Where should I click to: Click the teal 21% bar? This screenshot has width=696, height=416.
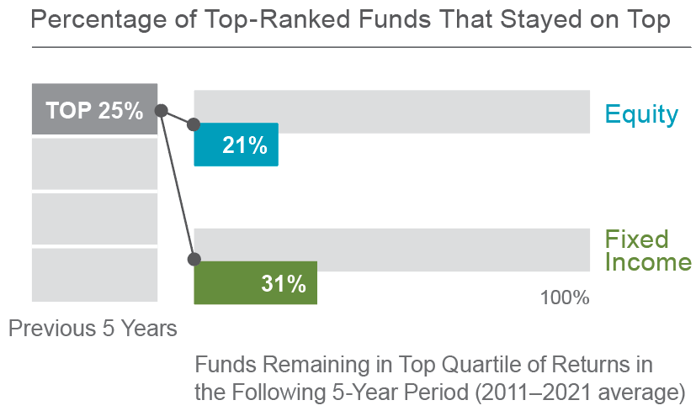click(x=236, y=145)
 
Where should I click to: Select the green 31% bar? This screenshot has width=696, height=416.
click(x=255, y=283)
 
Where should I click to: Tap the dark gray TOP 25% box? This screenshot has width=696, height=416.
click(x=94, y=110)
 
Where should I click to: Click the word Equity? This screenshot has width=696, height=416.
click(x=641, y=113)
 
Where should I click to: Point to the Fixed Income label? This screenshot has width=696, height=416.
click(x=648, y=250)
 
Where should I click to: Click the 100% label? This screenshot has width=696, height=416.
click(x=564, y=298)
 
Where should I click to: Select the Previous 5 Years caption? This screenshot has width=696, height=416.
click(x=93, y=328)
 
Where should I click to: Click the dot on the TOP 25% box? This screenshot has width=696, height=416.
click(x=161, y=109)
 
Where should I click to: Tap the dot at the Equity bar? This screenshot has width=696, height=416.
click(x=194, y=124)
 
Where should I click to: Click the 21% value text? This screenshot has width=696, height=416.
click(x=245, y=145)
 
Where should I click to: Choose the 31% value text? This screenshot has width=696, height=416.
click(x=283, y=284)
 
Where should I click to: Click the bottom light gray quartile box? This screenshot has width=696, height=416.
click(x=94, y=275)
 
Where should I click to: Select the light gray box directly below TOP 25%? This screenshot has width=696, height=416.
click(x=94, y=164)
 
